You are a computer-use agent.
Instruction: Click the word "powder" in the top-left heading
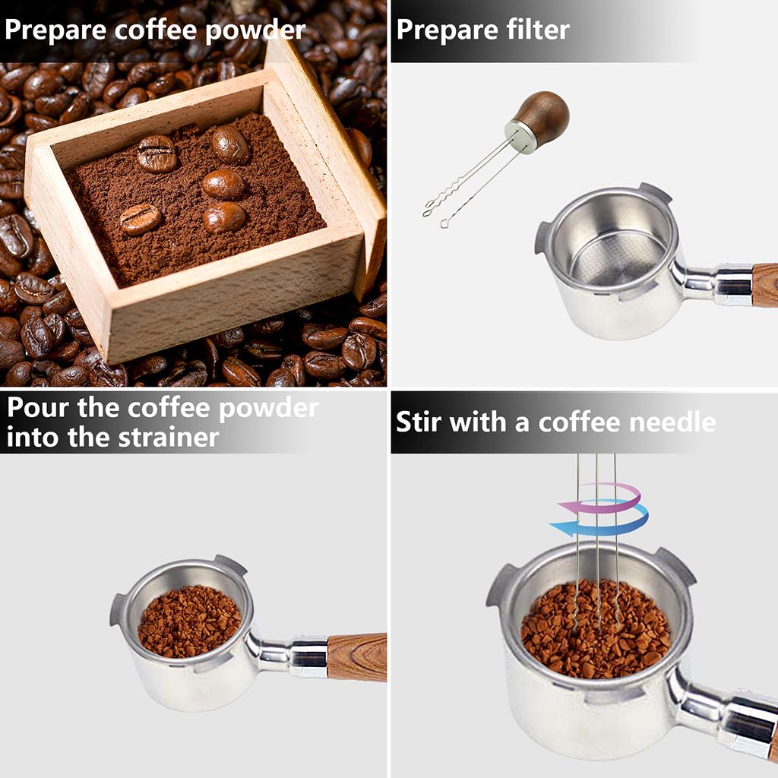coord(254,31)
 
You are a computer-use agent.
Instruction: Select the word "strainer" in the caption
coord(168,438)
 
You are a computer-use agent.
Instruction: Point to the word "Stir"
coord(418,422)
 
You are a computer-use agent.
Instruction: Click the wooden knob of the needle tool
coord(544,117)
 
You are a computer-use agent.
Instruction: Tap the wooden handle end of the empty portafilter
coord(764,284)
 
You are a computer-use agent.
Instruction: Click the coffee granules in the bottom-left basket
coord(188,621)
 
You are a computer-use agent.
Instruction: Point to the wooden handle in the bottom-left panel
coord(356,656)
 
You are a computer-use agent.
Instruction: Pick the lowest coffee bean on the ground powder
coord(141,219)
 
